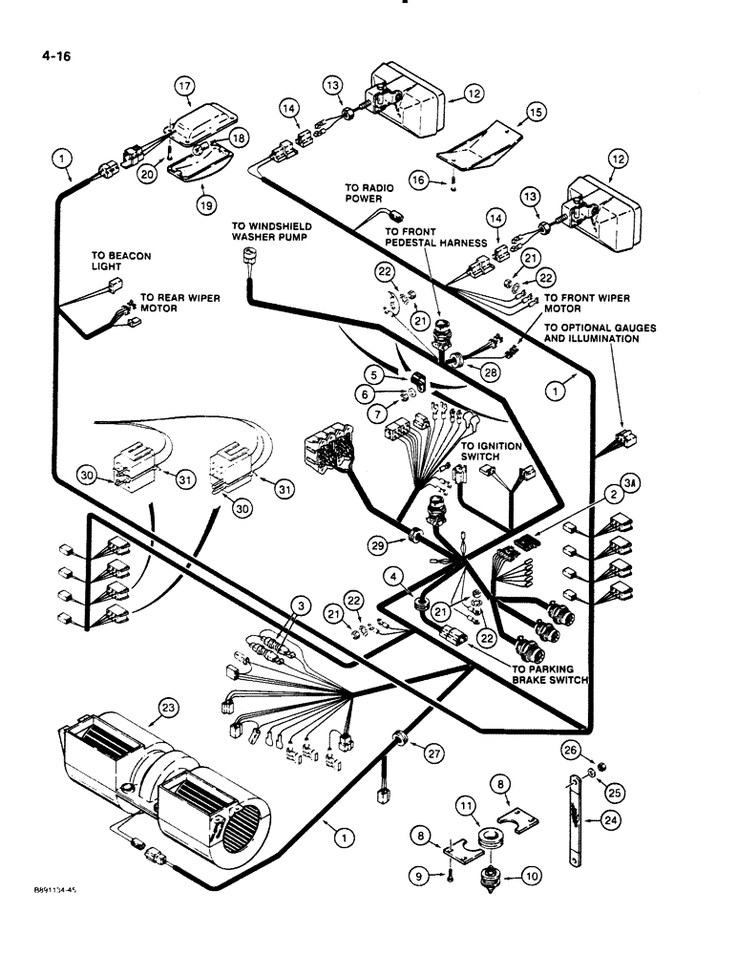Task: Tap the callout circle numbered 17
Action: point(183,86)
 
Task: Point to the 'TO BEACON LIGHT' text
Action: point(120,262)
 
